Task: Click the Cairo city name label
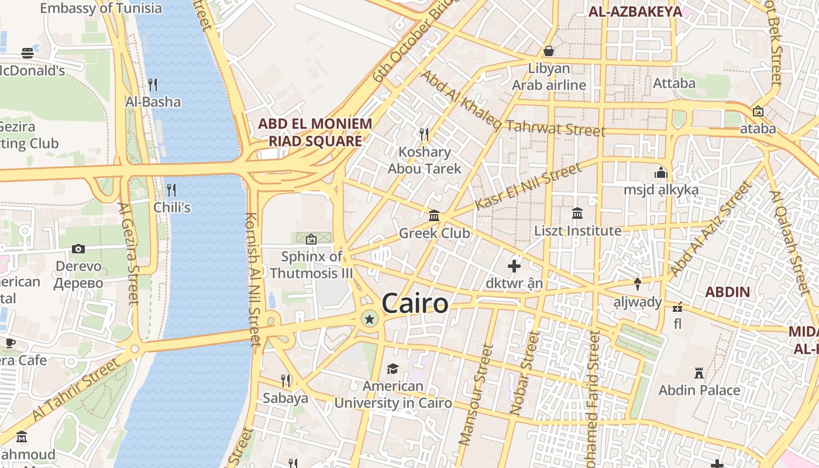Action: (x=415, y=304)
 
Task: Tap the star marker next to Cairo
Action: (x=369, y=319)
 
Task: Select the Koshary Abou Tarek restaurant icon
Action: (x=424, y=135)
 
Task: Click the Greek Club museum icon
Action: (x=434, y=216)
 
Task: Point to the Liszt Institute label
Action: (x=577, y=230)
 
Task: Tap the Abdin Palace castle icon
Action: (x=698, y=373)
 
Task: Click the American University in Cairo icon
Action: (x=393, y=369)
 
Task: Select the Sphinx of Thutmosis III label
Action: (x=311, y=264)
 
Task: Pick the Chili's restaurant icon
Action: (x=171, y=190)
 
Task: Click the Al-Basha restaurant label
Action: (x=153, y=102)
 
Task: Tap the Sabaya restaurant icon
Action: (x=285, y=381)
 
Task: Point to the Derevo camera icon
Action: (x=78, y=249)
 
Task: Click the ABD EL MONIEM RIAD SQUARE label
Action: (x=315, y=132)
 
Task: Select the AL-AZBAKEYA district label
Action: (x=635, y=12)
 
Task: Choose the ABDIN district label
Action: (x=727, y=292)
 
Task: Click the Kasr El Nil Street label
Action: (x=528, y=186)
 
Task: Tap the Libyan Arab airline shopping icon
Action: (x=549, y=51)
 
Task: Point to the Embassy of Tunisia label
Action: (x=101, y=8)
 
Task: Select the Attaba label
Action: (x=674, y=83)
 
